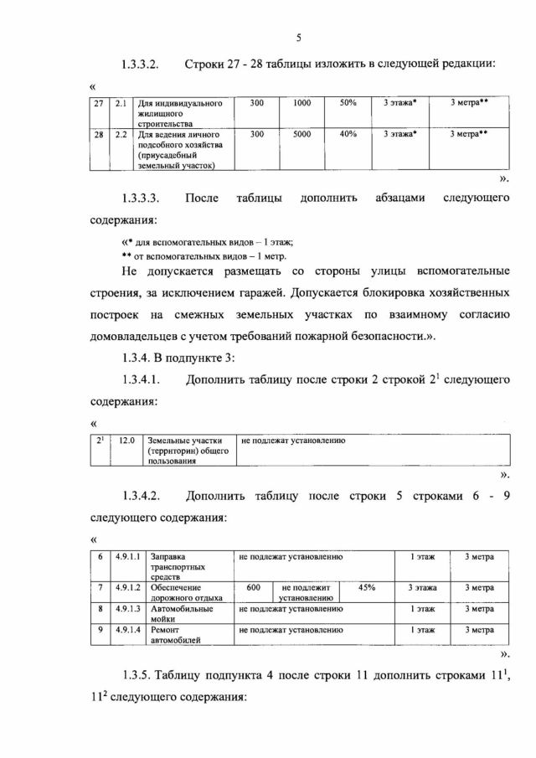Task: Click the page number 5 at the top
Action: (297, 37)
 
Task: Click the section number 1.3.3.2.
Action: (140, 64)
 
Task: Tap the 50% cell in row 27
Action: (348, 102)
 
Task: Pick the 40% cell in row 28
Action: (348, 133)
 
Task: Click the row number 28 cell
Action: (99, 134)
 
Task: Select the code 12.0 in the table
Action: (126, 439)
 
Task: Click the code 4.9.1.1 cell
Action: (128, 556)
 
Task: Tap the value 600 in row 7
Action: (253, 588)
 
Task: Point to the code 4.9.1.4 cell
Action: (128, 629)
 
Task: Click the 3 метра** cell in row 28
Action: (468, 133)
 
